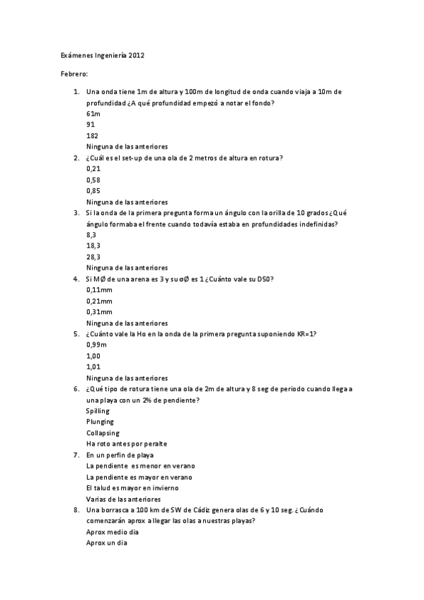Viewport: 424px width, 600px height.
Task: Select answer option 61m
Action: [x=93, y=113]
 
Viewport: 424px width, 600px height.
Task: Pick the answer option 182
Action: [x=92, y=135]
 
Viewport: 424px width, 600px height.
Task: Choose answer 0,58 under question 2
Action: [x=93, y=180]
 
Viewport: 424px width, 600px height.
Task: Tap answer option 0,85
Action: [x=93, y=190]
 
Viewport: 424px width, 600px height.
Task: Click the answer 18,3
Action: [x=93, y=246]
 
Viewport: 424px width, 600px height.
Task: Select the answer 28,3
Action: [x=93, y=257]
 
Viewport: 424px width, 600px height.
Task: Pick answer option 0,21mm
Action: [x=99, y=301]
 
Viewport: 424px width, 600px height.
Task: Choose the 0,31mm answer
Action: [x=99, y=311]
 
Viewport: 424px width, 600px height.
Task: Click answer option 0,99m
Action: [x=96, y=345]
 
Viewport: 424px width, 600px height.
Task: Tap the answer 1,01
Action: [x=93, y=367]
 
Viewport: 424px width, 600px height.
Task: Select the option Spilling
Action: [x=98, y=410]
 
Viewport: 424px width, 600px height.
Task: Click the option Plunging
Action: [x=100, y=422]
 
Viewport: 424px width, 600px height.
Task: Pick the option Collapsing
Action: [x=103, y=432]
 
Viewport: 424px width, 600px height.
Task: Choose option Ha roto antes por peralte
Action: [x=127, y=444]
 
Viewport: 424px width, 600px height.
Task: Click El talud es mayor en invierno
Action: [x=132, y=487]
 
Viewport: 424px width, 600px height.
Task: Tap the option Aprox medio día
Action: [x=113, y=531]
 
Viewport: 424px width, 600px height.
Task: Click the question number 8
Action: [x=76, y=509]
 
